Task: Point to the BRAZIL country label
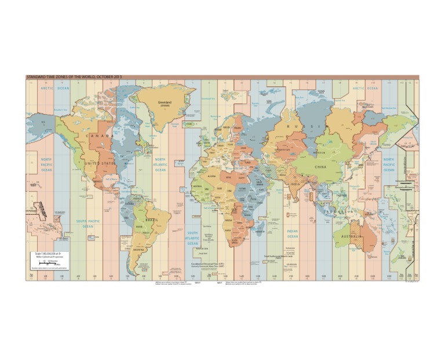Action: (152, 220)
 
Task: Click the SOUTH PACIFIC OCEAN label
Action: (87, 223)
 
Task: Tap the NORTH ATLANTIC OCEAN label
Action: (160, 165)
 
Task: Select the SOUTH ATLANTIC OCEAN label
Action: (192, 238)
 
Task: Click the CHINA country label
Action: (320, 167)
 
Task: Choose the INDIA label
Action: (295, 185)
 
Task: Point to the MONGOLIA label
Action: (319, 152)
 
